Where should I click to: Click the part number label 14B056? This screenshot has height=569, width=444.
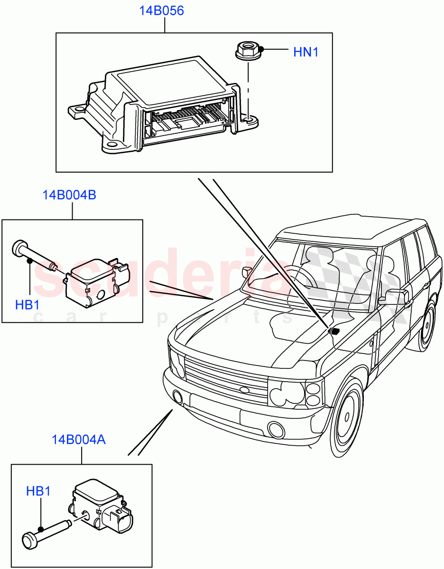click(161, 11)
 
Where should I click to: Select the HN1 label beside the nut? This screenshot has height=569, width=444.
click(305, 52)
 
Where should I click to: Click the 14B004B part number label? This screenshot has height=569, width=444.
click(69, 195)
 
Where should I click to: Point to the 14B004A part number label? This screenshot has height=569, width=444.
click(79, 440)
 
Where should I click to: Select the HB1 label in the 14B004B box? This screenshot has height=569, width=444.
click(27, 304)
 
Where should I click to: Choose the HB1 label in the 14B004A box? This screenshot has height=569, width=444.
click(38, 492)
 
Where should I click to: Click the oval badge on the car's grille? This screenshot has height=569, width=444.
click(244, 390)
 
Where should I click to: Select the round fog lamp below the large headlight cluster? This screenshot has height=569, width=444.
click(275, 429)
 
